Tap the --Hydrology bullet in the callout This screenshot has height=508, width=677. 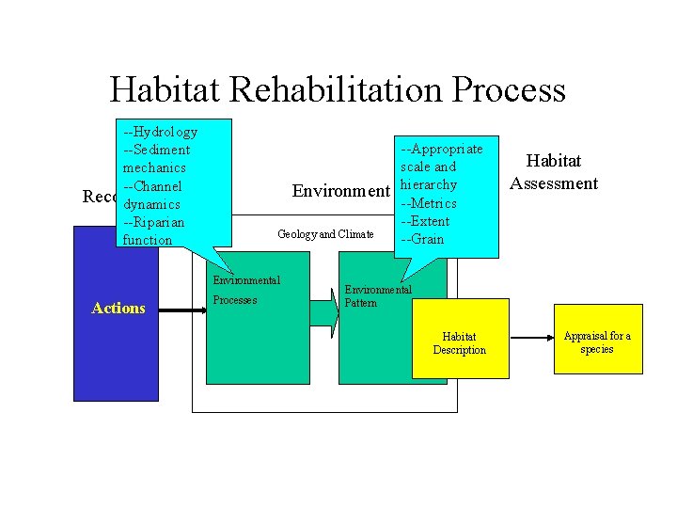pos(160,132)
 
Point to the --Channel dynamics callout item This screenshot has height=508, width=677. pos(152,195)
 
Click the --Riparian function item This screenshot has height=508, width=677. pos(153,230)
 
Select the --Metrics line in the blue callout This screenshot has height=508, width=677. pos(429,203)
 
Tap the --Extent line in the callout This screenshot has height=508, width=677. pos(425,221)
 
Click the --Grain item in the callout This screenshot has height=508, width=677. pos(422,239)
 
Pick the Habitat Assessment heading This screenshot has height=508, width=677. pos(554,172)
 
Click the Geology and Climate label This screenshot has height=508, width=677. pos(325,234)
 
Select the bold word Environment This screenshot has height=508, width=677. pos(340,192)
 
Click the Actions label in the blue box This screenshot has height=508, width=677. pos(118,308)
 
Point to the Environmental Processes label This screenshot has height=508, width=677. pos(245,290)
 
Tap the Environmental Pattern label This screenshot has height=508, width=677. pos(377,295)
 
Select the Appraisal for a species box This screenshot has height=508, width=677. pos(597,342)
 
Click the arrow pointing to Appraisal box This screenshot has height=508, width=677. pos(531,337)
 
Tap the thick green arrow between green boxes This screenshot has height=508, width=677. pos(322,309)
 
